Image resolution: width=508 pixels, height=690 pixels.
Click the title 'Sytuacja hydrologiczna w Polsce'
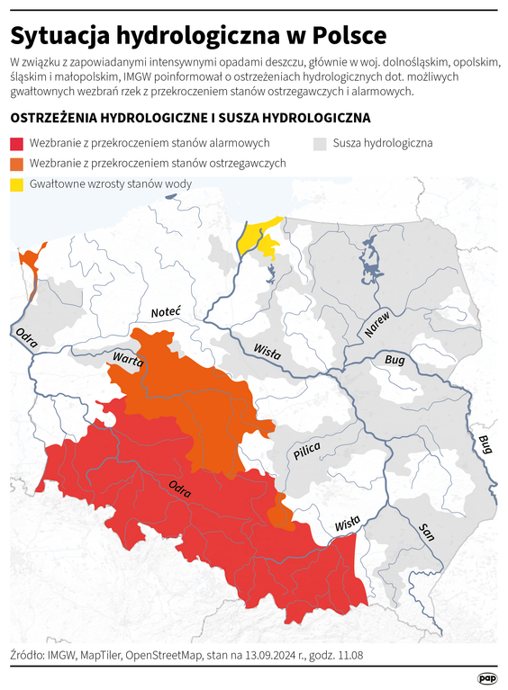click(198, 35)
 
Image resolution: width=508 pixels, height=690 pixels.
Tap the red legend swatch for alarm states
click(17, 143)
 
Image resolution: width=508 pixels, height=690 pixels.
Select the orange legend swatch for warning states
click(17, 163)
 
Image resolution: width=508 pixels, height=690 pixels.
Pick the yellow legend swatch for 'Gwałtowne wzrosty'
click(17, 184)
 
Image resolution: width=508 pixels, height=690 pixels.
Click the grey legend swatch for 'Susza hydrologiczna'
click(320, 143)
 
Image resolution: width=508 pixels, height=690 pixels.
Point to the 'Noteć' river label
click(166, 311)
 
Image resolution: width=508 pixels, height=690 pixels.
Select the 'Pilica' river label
click(306, 453)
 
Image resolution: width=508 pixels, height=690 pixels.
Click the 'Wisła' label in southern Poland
click(347, 524)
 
